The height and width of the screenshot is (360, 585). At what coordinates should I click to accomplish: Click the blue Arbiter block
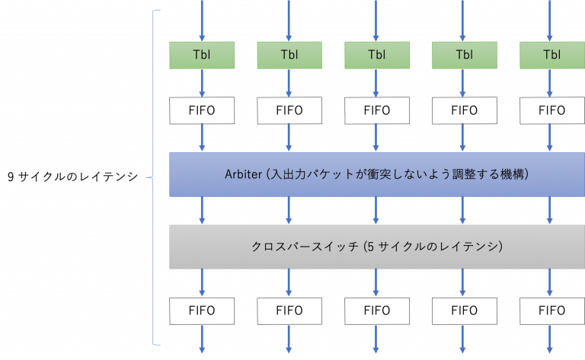(376, 175)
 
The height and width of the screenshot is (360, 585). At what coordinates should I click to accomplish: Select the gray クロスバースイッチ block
(376, 247)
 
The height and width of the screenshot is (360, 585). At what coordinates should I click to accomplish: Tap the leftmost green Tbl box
(202, 54)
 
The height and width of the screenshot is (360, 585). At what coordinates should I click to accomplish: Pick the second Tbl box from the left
(289, 54)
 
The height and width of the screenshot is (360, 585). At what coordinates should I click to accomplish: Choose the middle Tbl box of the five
(377, 54)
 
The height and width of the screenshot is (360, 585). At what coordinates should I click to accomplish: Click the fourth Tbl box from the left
(465, 54)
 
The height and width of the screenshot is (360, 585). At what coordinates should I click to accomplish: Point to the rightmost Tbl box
(552, 54)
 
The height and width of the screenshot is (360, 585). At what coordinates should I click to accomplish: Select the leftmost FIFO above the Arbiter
(202, 110)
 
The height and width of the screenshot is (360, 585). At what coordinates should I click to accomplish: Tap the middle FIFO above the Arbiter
(377, 110)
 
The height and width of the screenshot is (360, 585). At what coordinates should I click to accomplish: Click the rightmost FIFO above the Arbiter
(552, 110)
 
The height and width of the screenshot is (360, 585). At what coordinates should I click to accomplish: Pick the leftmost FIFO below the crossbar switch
(202, 311)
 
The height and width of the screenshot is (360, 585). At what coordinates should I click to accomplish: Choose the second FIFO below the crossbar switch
(289, 311)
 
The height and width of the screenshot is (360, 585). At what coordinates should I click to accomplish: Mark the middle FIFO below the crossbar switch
(377, 311)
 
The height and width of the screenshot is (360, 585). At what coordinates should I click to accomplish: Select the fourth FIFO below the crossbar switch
(465, 311)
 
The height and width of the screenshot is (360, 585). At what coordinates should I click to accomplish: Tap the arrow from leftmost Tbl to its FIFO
(202, 82)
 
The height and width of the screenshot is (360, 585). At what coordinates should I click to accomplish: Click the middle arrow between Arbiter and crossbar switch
(377, 210)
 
